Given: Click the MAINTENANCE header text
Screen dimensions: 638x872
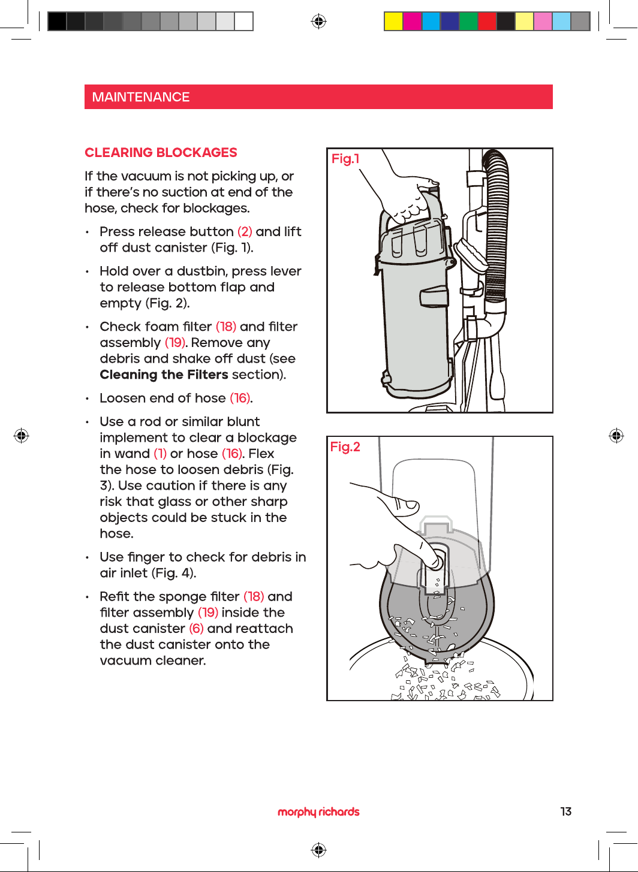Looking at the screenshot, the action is pos(140,97).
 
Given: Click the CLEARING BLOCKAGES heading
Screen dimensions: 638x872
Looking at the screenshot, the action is pos(161,152).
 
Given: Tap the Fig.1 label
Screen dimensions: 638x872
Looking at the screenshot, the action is pos(345,159).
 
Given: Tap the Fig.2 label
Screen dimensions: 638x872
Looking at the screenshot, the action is pos(345,447).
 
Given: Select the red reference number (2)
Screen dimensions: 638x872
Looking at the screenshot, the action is pos(245,231).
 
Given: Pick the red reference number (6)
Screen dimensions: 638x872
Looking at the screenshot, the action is pos(196,629).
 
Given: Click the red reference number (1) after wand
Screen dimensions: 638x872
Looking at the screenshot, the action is pos(160,454).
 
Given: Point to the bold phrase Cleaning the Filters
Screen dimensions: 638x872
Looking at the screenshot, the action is pos(164,375).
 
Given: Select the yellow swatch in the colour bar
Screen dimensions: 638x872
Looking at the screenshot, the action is pos(393,22).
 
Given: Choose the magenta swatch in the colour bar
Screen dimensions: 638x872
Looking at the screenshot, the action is pos(412,22).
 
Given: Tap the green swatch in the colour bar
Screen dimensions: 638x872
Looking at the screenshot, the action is pos(468,22).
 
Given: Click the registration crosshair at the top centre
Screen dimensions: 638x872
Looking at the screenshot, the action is pos(318,22).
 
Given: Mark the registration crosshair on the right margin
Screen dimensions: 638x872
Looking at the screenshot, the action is pos(616,436).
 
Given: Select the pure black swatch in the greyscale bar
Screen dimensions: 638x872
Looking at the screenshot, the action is pos(57,22).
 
